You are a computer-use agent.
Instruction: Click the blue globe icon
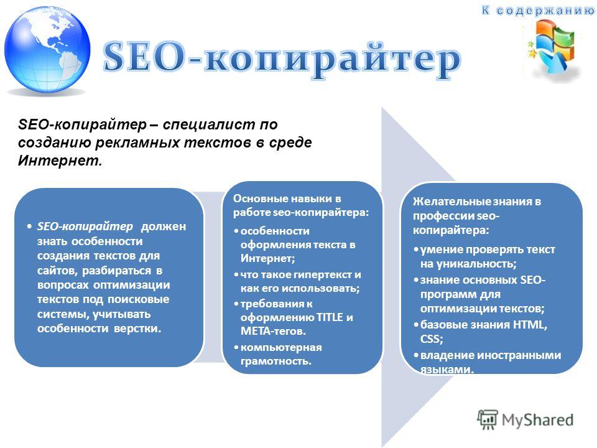[x=47, y=50]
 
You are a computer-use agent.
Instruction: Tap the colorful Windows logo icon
[x=553, y=47]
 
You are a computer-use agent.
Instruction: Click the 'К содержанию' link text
[x=538, y=11]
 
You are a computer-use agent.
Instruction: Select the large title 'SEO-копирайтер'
[x=282, y=58]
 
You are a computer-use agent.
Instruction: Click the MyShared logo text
[x=526, y=420]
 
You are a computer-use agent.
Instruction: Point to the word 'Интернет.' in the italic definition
[x=60, y=161]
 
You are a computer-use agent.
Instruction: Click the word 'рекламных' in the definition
[x=139, y=142]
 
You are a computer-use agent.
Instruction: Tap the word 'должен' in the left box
[x=164, y=226]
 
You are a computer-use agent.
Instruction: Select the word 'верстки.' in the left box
[x=137, y=329]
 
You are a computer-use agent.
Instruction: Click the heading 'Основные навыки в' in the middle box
[x=287, y=198]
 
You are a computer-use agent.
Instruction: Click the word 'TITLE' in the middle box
[x=330, y=317]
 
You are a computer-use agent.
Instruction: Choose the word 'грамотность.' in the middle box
[x=275, y=361]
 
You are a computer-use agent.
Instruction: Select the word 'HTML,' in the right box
[x=530, y=325]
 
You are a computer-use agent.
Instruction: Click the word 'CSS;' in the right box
[x=432, y=338]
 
